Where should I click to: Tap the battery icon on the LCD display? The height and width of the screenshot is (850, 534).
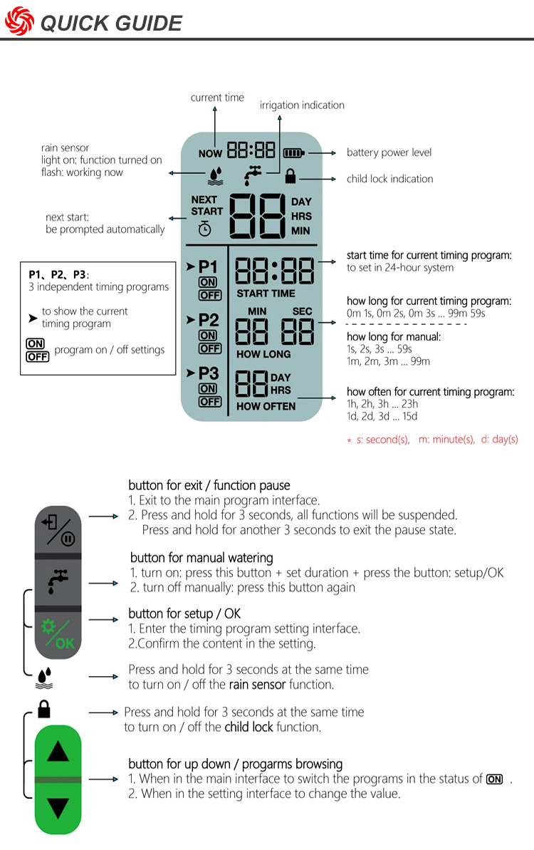[x=294, y=152]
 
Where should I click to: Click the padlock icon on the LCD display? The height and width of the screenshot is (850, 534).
[x=290, y=177]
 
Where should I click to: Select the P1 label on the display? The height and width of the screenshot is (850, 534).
[x=208, y=267]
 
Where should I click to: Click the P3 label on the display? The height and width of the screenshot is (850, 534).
[x=208, y=373]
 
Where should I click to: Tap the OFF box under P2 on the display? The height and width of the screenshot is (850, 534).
[x=209, y=348]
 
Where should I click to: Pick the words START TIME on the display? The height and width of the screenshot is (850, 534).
[x=266, y=294]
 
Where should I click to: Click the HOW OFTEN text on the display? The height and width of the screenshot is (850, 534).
[x=266, y=406]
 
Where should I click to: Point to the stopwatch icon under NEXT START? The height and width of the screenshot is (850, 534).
[x=204, y=229]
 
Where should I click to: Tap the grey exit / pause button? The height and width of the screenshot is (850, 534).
[x=58, y=528]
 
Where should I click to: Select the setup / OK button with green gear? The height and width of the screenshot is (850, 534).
[x=58, y=634]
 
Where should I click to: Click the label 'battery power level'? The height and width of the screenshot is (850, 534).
[x=389, y=152]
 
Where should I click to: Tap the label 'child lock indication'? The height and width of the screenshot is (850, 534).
[x=389, y=179]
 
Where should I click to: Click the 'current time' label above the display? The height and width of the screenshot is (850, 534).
[x=217, y=98]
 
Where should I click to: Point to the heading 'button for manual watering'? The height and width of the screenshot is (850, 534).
[x=201, y=558]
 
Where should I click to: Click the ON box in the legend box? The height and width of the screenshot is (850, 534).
[x=35, y=343]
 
